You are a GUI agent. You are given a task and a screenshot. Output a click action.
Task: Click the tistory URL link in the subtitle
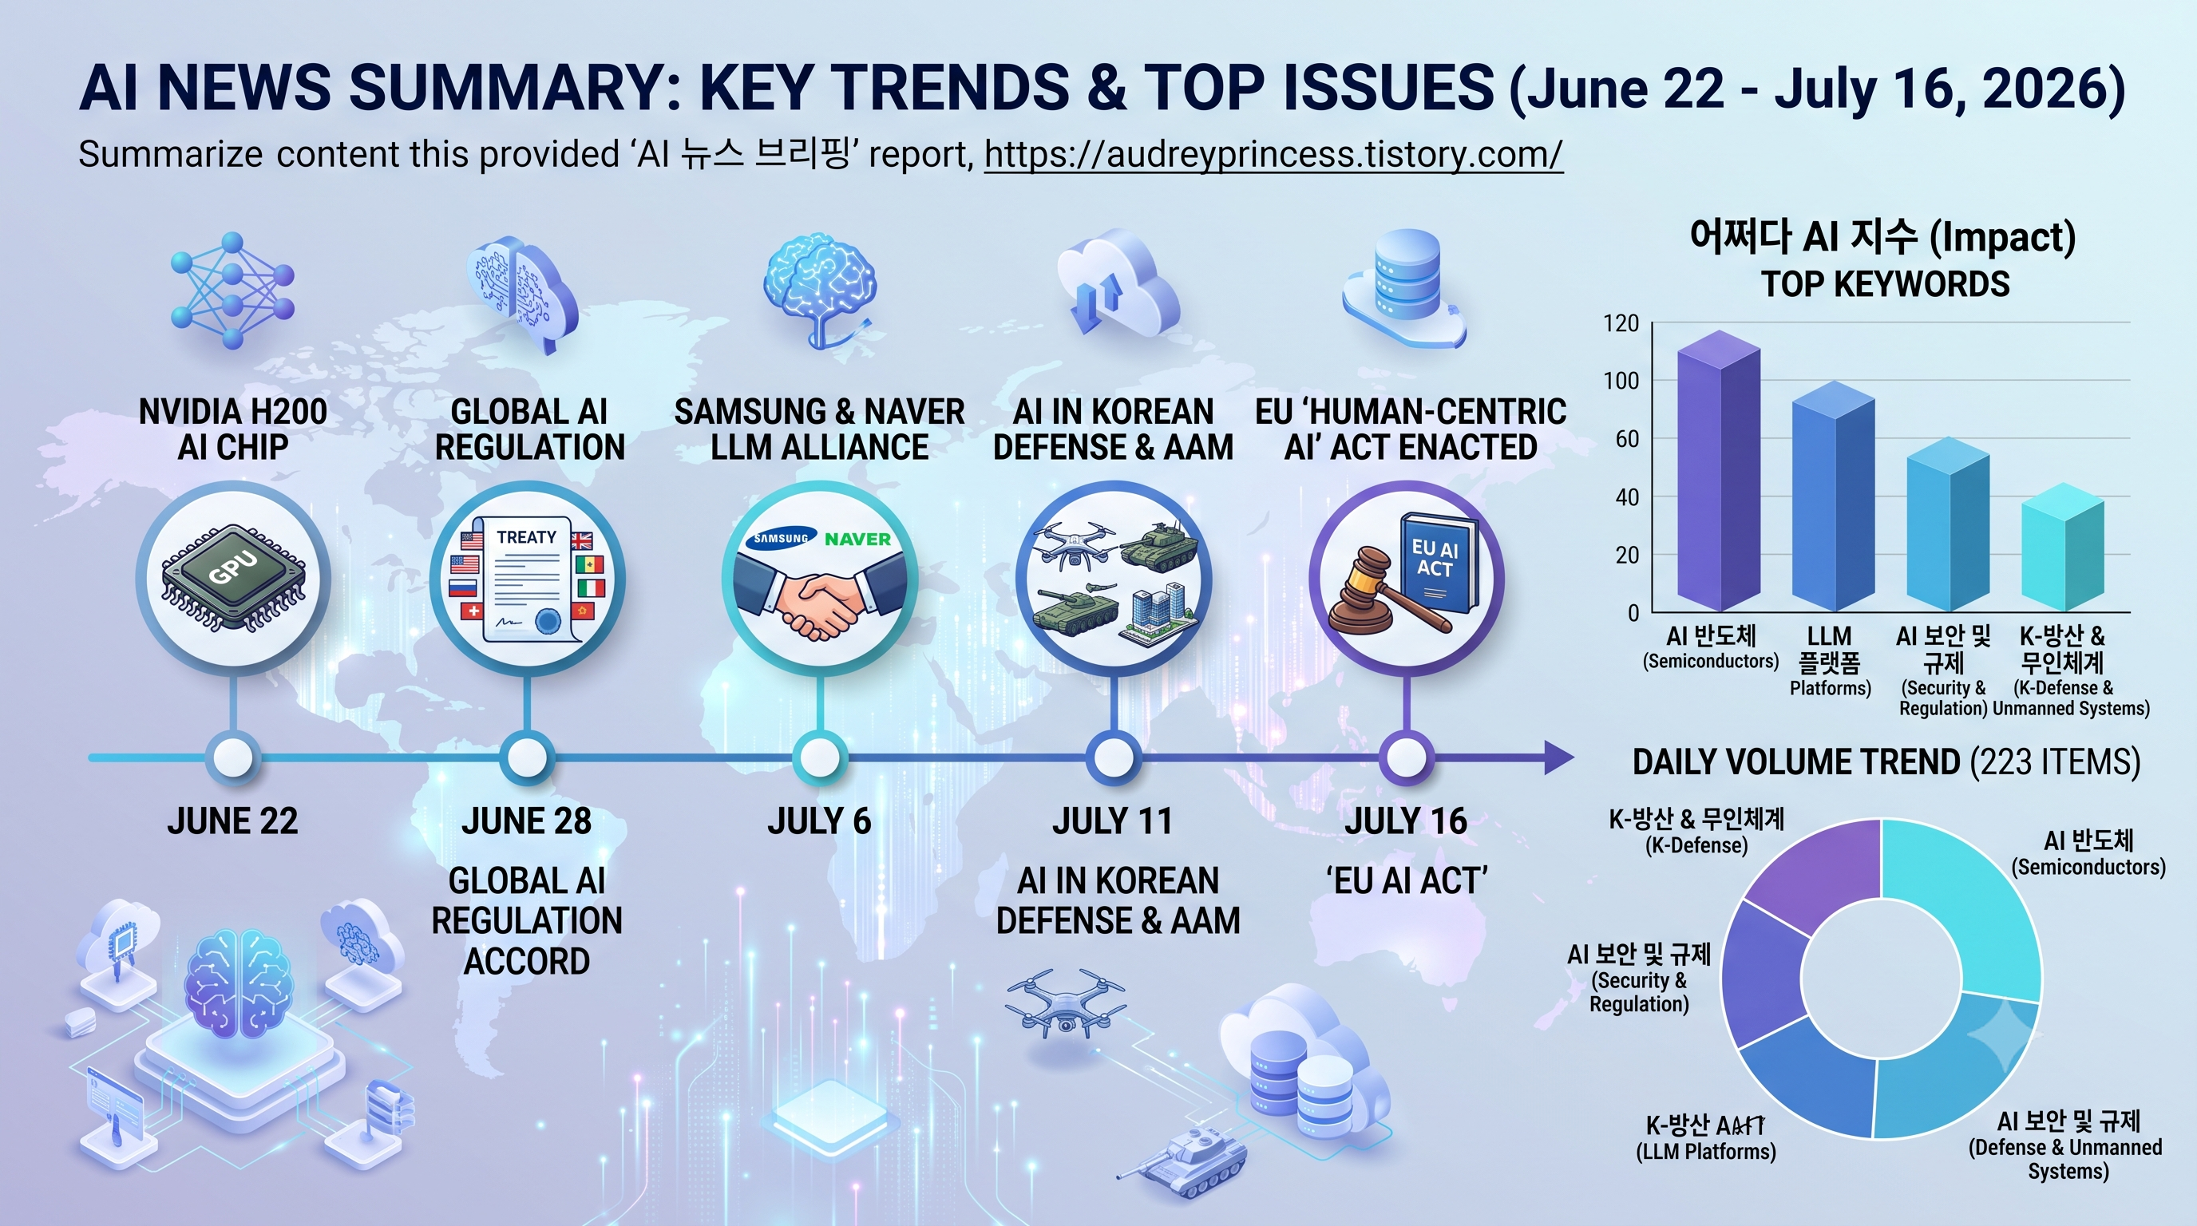point(1273,154)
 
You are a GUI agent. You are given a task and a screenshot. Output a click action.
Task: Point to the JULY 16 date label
point(1406,821)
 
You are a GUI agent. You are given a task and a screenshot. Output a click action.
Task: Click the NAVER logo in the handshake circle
point(857,539)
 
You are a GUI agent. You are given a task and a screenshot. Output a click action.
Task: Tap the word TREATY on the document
point(526,537)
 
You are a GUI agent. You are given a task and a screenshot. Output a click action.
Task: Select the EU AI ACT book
point(1439,563)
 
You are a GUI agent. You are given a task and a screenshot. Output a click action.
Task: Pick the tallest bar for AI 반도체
point(1719,472)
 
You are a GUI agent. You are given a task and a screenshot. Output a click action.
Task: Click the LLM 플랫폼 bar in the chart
point(1833,497)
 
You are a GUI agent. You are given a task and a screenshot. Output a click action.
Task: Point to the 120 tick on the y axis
point(1621,323)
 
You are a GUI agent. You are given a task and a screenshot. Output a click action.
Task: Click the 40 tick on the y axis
point(1626,497)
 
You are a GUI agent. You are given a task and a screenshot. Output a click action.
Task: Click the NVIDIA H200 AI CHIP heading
point(233,429)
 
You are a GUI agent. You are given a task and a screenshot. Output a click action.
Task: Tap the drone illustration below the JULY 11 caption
point(1066,1003)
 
